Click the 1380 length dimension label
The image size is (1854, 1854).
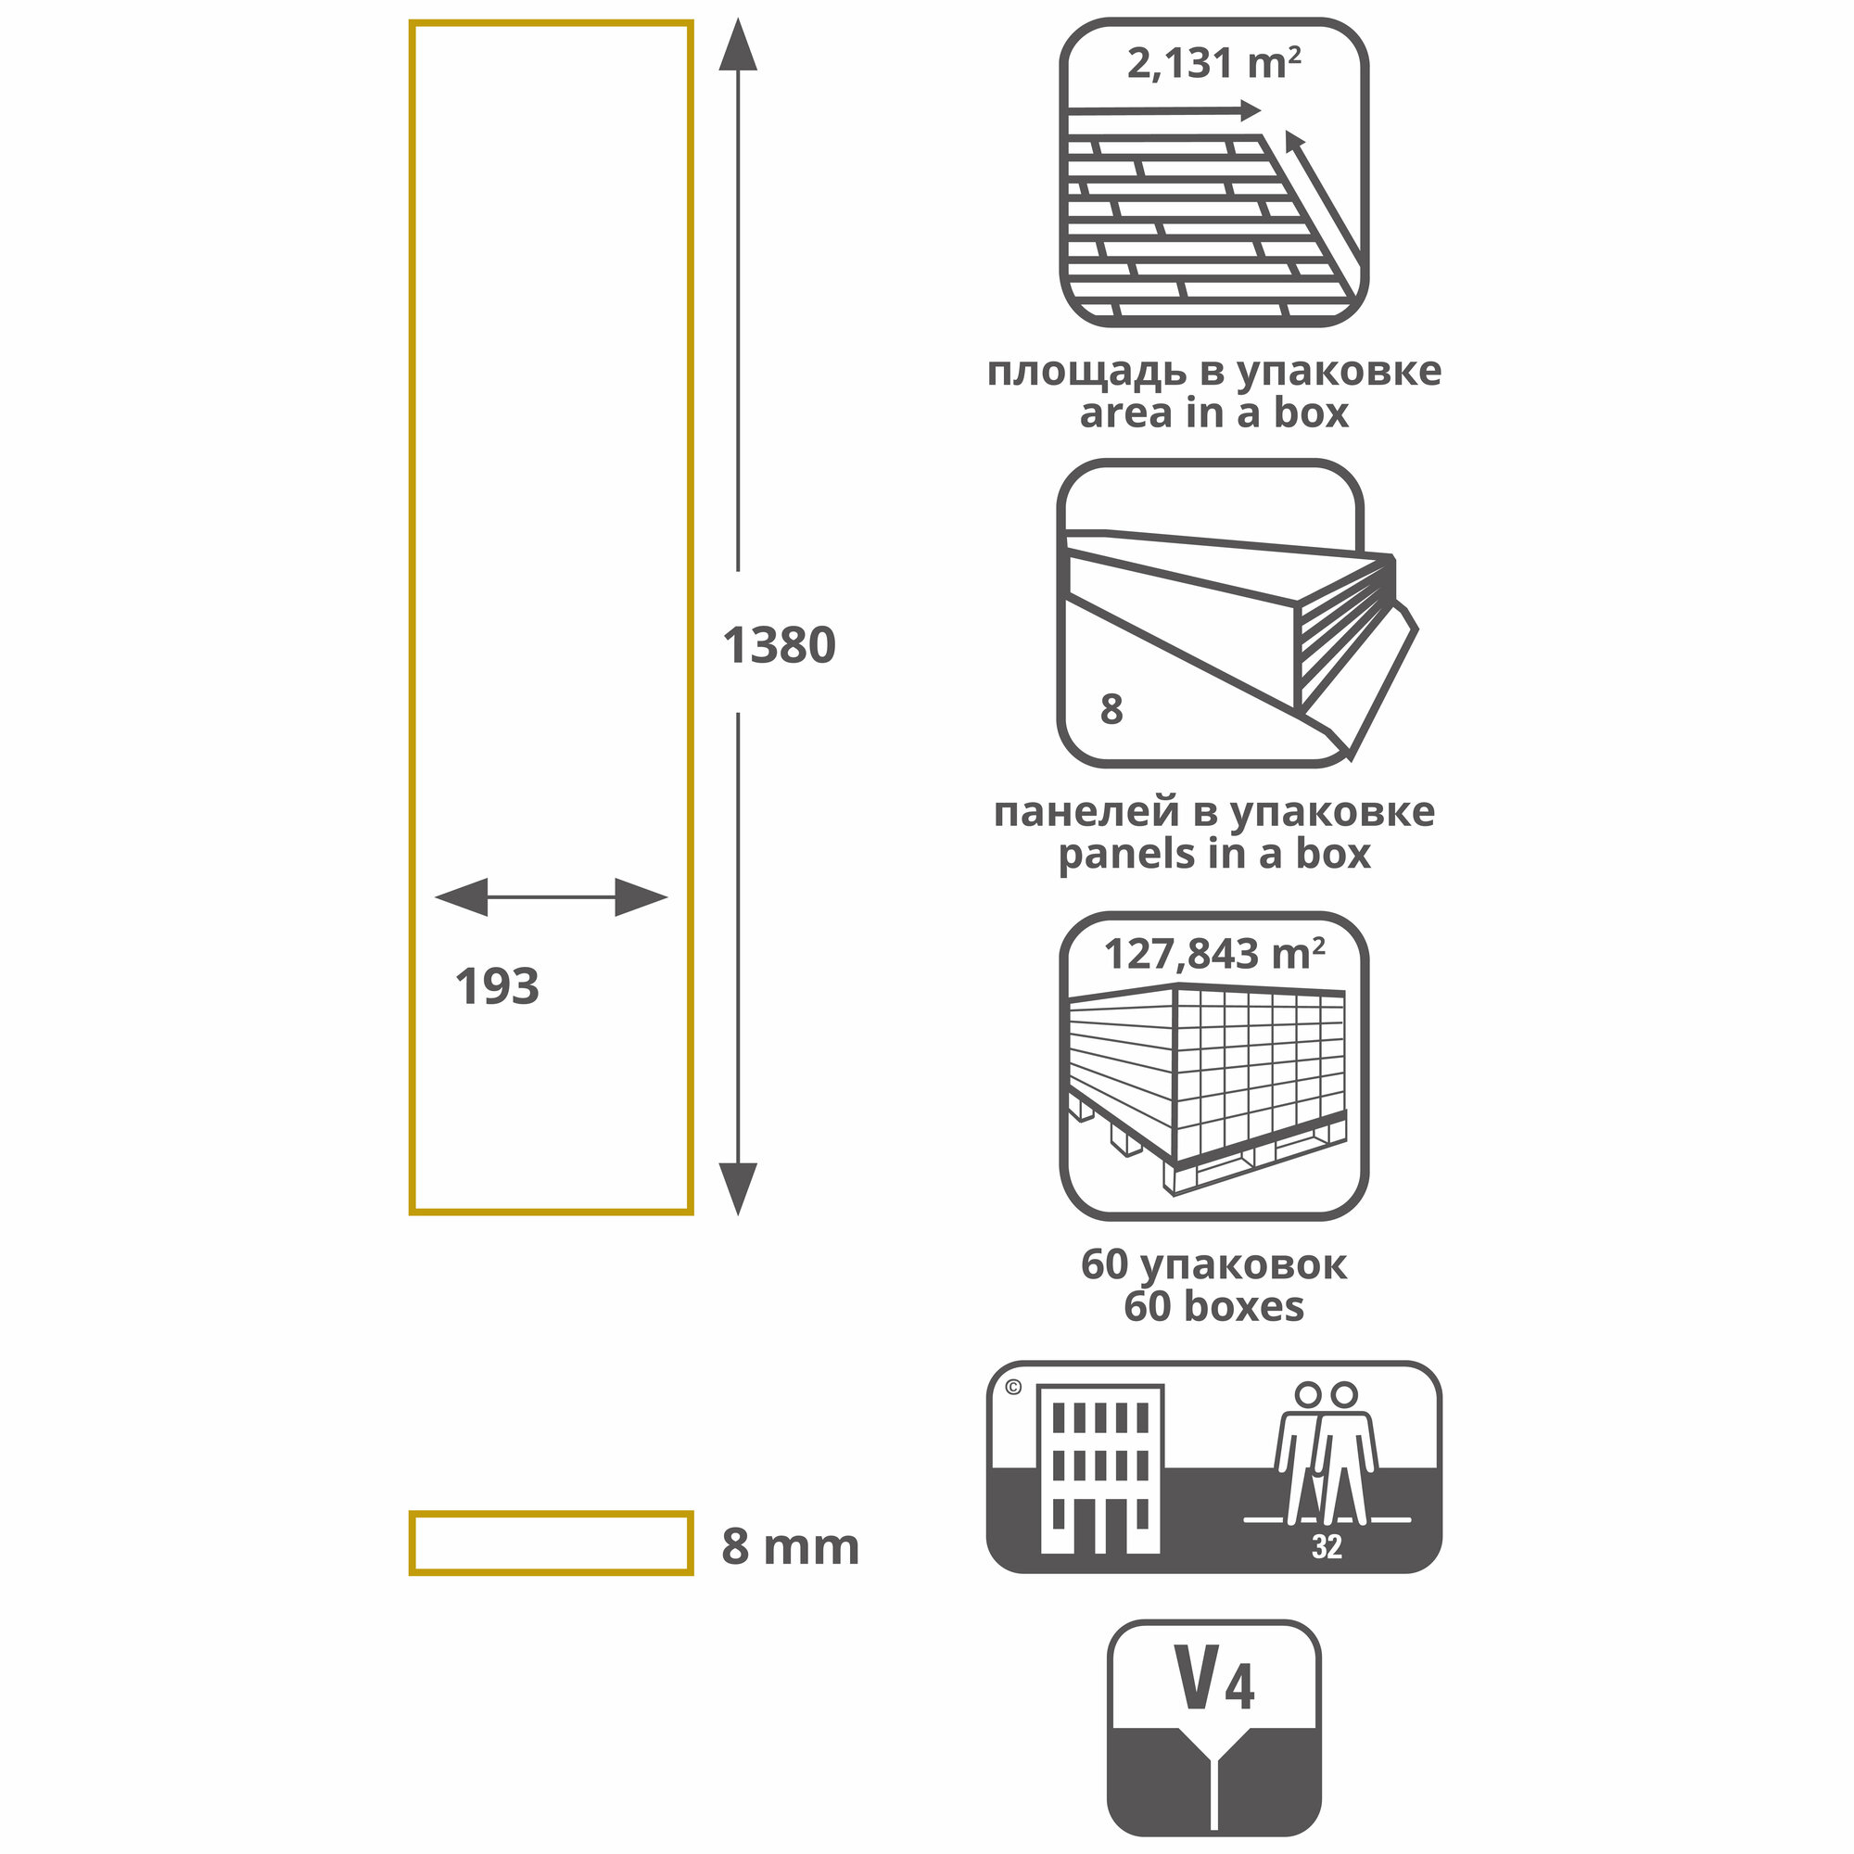pos(779,645)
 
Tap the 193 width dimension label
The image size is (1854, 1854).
pos(497,986)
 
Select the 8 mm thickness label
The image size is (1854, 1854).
pos(790,1547)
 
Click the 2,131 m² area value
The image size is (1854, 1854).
pos(1213,64)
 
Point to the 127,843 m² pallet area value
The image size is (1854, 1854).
pos(1214,954)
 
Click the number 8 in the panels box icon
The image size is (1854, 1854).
pos(1111,709)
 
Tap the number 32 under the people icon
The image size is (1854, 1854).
pos(1327,1547)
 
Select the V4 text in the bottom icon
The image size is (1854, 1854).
pos(1215,1681)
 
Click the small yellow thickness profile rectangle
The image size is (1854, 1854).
pos(551,1543)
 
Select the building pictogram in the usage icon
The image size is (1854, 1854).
pos(1100,1468)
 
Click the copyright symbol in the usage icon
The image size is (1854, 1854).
pos(1013,1387)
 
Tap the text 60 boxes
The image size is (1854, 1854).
pos(1214,1306)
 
